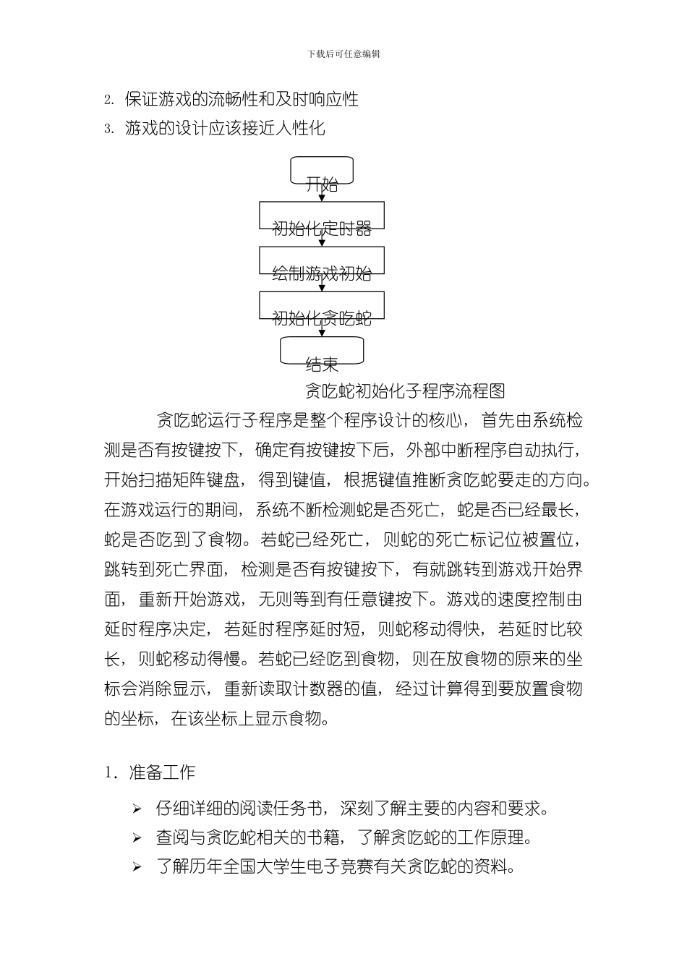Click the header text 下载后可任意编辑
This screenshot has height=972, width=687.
coord(343,54)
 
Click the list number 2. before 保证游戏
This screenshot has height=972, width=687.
coord(109,100)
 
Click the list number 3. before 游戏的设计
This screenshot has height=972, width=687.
coord(109,129)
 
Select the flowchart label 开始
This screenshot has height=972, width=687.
coord(322,184)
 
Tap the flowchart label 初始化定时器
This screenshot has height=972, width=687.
coord(322,229)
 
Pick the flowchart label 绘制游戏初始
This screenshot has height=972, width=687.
coord(322,273)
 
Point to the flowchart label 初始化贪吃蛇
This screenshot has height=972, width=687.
coord(322,318)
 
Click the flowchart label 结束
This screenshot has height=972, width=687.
coord(322,364)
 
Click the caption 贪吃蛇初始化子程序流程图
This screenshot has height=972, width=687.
coord(404,391)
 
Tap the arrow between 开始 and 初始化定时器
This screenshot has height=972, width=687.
coord(322,197)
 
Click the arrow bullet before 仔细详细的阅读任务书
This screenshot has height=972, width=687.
coord(137,809)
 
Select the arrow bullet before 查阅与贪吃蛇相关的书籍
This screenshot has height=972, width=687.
coord(137,838)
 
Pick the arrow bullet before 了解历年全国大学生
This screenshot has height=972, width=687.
coord(137,867)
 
